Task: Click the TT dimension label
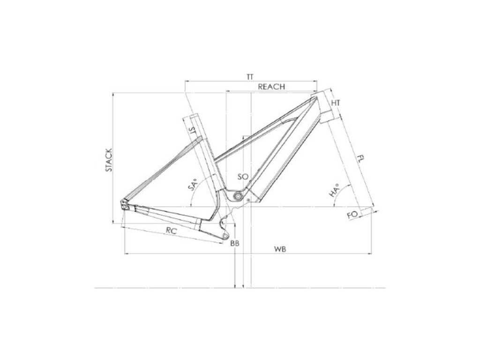coord(250,77)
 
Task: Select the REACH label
coord(271,87)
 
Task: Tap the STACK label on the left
coord(109,160)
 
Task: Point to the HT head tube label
coord(336,103)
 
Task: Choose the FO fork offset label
coord(352,215)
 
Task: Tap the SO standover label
coord(243,177)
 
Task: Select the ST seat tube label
coord(193,131)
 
